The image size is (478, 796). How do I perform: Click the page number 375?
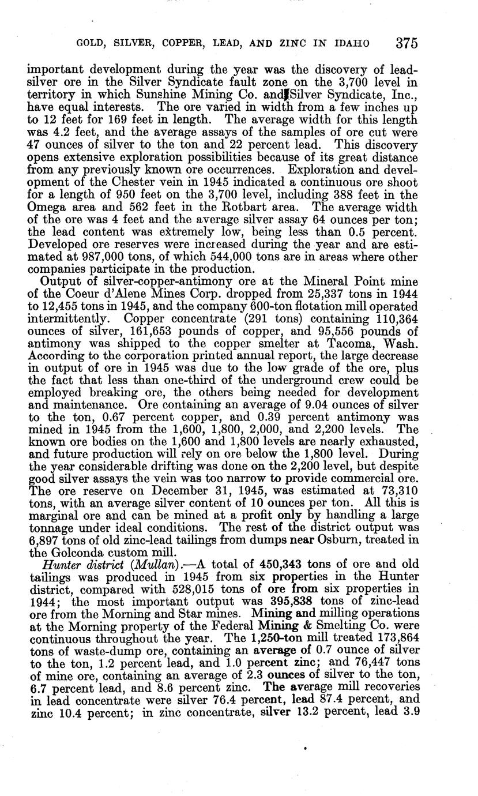[406, 43]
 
